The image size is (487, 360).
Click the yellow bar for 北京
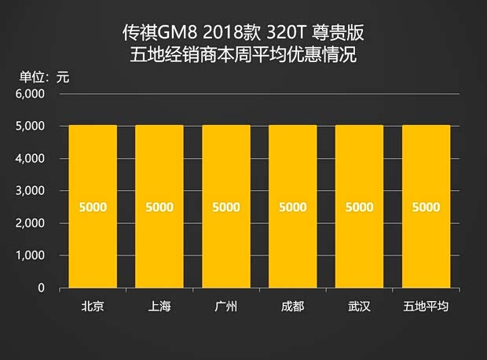pos(93,206)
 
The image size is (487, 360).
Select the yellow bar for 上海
pos(159,206)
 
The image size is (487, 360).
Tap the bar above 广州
pos(226,206)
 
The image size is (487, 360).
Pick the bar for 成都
pos(293,206)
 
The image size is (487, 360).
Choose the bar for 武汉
pos(360,206)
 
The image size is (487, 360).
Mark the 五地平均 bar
pos(427,206)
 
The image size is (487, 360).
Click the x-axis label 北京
pos(93,306)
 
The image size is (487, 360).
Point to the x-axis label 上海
pos(159,306)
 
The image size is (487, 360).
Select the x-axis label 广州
pos(226,306)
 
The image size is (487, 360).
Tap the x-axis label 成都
pos(293,306)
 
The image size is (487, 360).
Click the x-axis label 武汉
pos(360,306)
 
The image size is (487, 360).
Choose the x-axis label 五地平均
pos(427,306)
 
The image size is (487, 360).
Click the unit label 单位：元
pos(45,76)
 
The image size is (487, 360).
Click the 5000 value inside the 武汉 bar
pos(360,208)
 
